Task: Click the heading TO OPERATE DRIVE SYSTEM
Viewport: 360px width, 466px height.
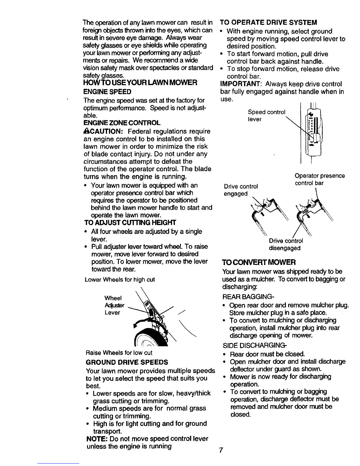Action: click(x=269, y=23)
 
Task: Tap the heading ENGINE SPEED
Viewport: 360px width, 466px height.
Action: click(x=107, y=92)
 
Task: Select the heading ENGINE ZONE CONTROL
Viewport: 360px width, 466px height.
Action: click(x=122, y=123)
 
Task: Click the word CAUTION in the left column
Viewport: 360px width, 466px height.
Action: click(x=105, y=131)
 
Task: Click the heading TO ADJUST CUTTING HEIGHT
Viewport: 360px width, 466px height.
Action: click(x=130, y=223)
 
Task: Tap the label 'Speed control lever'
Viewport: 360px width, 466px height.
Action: click(x=266, y=116)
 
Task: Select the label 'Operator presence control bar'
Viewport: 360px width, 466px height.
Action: click(x=320, y=179)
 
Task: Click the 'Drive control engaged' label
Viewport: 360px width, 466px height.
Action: click(x=241, y=190)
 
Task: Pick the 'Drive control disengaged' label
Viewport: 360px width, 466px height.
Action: click(x=286, y=244)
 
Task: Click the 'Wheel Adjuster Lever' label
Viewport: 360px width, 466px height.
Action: click(x=114, y=305)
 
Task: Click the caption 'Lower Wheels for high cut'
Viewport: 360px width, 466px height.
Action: click(x=120, y=280)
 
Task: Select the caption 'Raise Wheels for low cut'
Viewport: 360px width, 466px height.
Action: click(x=119, y=353)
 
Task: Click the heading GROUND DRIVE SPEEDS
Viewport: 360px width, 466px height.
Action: click(x=127, y=362)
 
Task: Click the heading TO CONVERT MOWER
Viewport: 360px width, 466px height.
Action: click(x=259, y=262)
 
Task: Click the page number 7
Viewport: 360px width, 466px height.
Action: click(x=221, y=450)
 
